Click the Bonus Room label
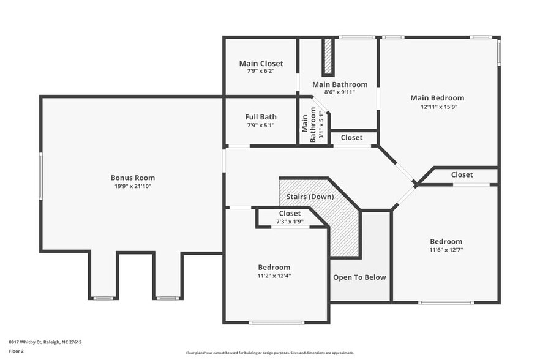click(x=133, y=178)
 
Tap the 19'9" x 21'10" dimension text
click(x=133, y=186)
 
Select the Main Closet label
click(x=261, y=64)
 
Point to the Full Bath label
click(x=261, y=117)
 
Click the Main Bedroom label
click(x=437, y=98)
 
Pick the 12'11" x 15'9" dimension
click(x=439, y=107)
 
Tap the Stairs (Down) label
click(x=310, y=197)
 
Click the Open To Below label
click(x=359, y=277)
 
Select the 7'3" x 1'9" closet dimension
click(x=290, y=222)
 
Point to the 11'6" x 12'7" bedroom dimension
click(x=446, y=250)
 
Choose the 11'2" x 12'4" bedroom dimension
click(x=274, y=276)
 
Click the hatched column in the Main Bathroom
click(x=328, y=57)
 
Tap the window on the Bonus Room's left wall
click(x=40, y=176)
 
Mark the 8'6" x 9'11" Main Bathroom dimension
click(x=340, y=92)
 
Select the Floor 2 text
click(x=16, y=351)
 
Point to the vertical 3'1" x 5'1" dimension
click(x=321, y=125)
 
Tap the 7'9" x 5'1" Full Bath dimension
click(x=261, y=126)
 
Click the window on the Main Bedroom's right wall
click(x=498, y=51)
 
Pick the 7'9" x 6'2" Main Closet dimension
click(x=261, y=71)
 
